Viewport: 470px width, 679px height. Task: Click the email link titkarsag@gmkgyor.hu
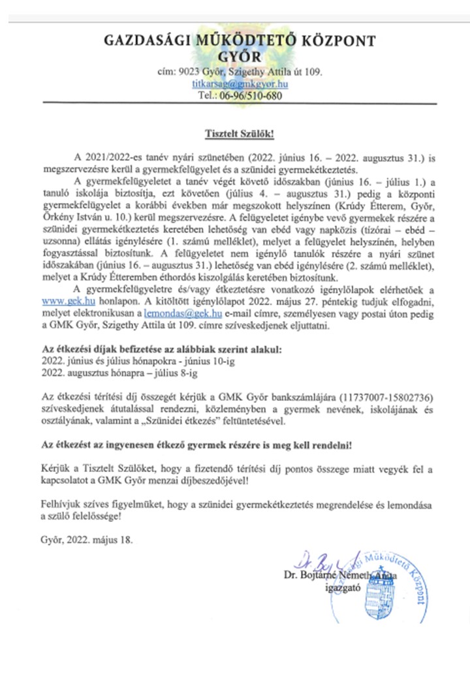click(241, 84)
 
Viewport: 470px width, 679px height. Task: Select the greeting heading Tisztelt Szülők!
click(236, 134)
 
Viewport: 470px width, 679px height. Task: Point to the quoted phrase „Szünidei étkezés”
click(230, 422)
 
